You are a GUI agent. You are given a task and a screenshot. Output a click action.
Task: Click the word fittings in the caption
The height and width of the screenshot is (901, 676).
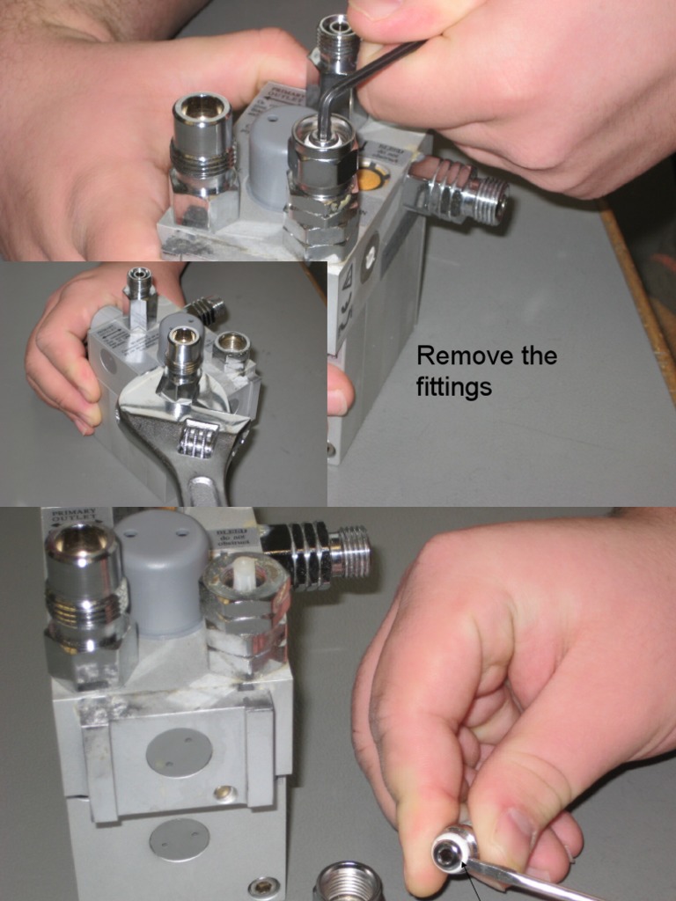453,387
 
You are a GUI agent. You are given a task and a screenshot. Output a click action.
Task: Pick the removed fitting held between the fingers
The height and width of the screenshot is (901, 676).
452,851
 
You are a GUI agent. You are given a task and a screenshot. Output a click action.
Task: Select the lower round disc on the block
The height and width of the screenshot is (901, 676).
180,839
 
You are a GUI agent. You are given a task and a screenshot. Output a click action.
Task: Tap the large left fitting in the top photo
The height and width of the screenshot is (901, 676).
202,154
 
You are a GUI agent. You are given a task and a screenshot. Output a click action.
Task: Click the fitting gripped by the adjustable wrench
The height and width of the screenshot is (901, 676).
183,361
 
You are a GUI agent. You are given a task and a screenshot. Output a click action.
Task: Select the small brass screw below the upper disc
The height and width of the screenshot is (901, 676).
223,795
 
